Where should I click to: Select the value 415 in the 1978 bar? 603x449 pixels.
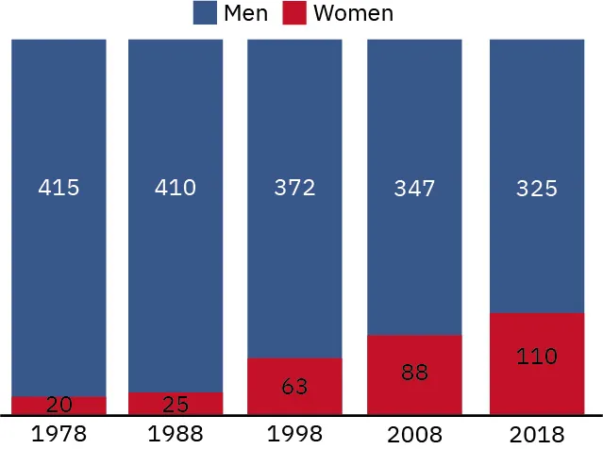click(x=59, y=188)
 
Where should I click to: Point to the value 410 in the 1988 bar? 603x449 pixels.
click(x=176, y=188)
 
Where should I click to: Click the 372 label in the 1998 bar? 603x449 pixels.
click(x=294, y=188)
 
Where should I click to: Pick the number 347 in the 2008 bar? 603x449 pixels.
click(x=414, y=189)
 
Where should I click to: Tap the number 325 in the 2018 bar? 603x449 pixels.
click(x=536, y=189)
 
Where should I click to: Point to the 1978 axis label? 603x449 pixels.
click(x=59, y=435)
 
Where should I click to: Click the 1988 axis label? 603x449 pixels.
click(x=176, y=435)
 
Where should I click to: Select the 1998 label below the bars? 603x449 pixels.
click(x=294, y=435)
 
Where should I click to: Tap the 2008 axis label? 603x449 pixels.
click(x=414, y=435)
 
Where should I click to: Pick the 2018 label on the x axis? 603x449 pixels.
click(x=536, y=435)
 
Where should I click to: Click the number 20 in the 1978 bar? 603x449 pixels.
click(x=59, y=405)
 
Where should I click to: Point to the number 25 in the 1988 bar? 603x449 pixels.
click(x=176, y=405)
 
